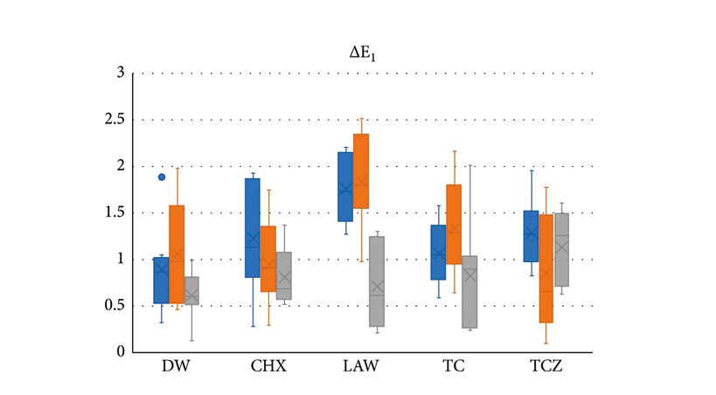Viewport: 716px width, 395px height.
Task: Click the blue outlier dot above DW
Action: click(x=161, y=177)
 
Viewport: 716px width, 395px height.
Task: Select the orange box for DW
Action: click(x=177, y=253)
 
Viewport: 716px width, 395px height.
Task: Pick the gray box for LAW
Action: click(x=376, y=281)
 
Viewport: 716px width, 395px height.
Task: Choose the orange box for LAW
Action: click(x=360, y=171)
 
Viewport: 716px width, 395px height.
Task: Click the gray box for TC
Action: click(x=469, y=292)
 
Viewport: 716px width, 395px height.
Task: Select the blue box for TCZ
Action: click(x=531, y=236)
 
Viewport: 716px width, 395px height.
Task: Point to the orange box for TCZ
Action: click(x=546, y=268)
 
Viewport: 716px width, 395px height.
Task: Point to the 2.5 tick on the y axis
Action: click(x=114, y=119)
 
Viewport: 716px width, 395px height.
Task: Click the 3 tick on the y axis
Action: click(x=120, y=73)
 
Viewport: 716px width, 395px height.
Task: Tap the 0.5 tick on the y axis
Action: click(x=114, y=305)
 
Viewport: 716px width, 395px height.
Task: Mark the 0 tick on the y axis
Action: click(x=120, y=351)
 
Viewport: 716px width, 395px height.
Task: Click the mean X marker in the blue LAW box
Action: click(x=344, y=188)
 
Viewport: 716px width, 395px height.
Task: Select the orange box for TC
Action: click(x=454, y=225)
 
